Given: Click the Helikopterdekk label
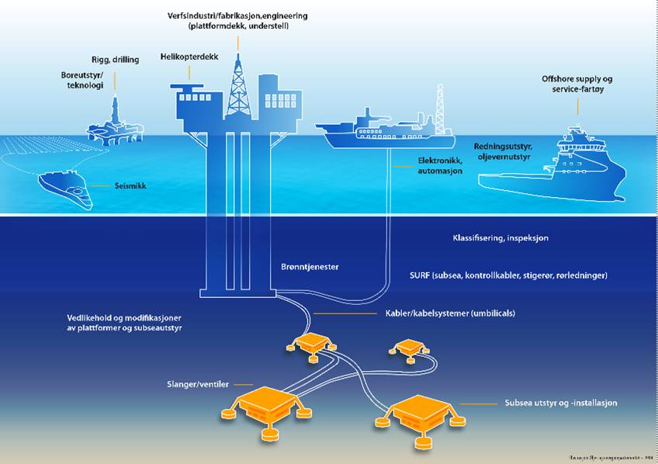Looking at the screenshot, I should (189, 57).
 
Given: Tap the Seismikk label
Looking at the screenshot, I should (130, 186).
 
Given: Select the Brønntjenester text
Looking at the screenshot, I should (310, 267).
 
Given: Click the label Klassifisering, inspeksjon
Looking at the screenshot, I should (500, 238).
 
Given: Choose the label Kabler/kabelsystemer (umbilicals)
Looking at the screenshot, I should (450, 313).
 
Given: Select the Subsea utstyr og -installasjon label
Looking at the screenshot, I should (560, 403).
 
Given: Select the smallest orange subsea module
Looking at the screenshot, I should (408, 347).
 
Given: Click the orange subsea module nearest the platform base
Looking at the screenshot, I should (314, 343).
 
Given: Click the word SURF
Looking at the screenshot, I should (421, 275).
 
